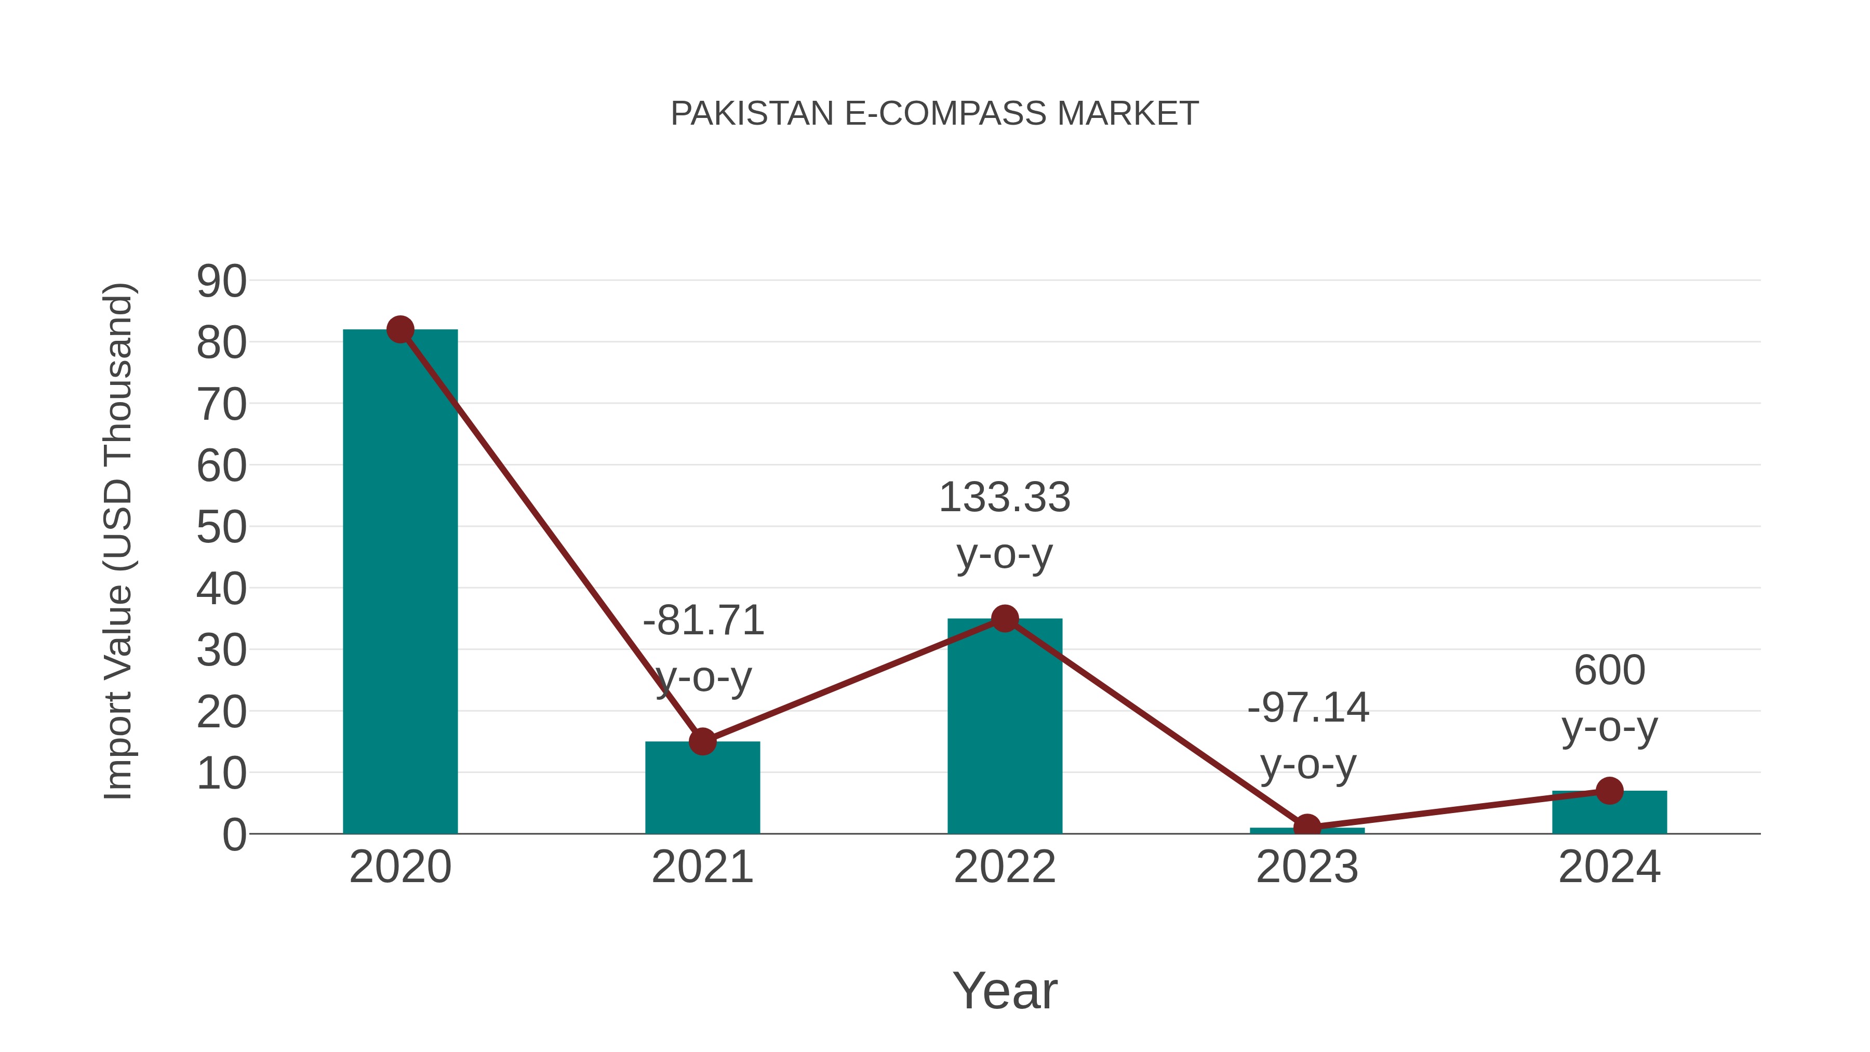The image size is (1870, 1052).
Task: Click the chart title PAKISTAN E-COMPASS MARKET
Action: click(934, 114)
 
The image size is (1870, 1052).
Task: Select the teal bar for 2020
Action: click(400, 581)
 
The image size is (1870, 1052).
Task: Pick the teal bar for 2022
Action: click(1004, 726)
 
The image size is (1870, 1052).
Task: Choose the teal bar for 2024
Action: click(1609, 813)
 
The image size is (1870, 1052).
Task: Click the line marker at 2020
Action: click(400, 329)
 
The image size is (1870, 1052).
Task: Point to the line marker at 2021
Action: click(702, 741)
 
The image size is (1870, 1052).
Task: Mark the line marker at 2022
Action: click(1004, 619)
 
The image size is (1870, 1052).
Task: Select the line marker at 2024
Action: click(1609, 791)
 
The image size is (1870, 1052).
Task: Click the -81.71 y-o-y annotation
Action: click(703, 621)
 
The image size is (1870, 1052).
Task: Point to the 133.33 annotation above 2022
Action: click(1004, 498)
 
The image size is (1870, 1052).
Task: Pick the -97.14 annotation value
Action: click(1307, 708)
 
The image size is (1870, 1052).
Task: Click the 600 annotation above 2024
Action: click(1609, 670)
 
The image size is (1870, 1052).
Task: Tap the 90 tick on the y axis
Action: click(221, 282)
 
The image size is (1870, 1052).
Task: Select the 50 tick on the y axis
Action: click(221, 528)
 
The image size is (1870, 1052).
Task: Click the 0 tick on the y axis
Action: click(234, 835)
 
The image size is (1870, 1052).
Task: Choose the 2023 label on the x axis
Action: click(1307, 867)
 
